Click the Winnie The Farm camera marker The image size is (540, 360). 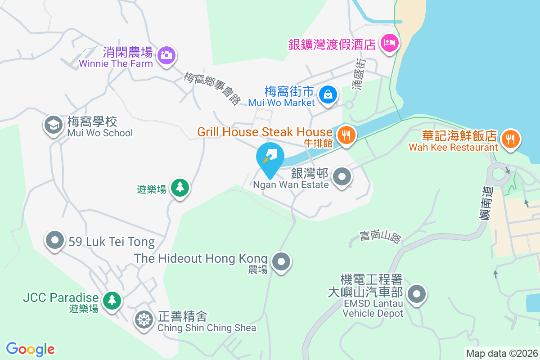click(x=166, y=56)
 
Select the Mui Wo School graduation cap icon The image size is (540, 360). click(x=53, y=126)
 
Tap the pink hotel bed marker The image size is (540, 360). click(x=388, y=43)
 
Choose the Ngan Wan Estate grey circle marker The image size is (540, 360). click(x=343, y=177)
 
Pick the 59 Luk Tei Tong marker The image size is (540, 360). click(x=55, y=240)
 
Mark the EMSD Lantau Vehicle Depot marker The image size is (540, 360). click(x=417, y=295)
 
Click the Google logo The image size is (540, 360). click(x=31, y=349)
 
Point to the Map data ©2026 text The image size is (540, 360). click(x=501, y=353)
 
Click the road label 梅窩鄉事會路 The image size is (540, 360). click(x=212, y=89)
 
